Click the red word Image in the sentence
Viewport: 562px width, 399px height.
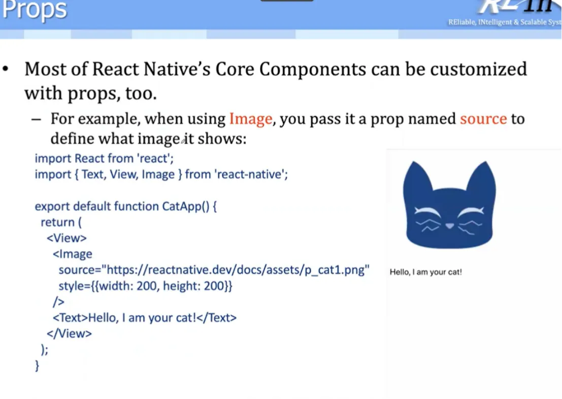pos(250,119)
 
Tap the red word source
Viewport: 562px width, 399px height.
pos(483,119)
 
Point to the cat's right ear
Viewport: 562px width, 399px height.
pos(482,177)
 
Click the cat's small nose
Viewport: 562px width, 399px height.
pos(449,226)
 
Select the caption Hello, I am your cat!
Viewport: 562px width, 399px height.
pos(426,272)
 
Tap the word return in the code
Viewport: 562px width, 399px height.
pos(57,222)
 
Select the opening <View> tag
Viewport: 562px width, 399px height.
pos(67,238)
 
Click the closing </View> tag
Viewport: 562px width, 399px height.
pos(69,334)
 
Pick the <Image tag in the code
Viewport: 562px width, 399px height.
pos(73,254)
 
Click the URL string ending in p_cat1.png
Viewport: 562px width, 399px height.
pos(236,270)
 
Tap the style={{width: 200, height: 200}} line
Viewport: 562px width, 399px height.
pos(146,286)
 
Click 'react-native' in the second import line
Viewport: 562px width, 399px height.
pos(251,174)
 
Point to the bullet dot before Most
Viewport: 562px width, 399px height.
pos(6,68)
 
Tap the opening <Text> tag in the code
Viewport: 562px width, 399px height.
pos(70,318)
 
